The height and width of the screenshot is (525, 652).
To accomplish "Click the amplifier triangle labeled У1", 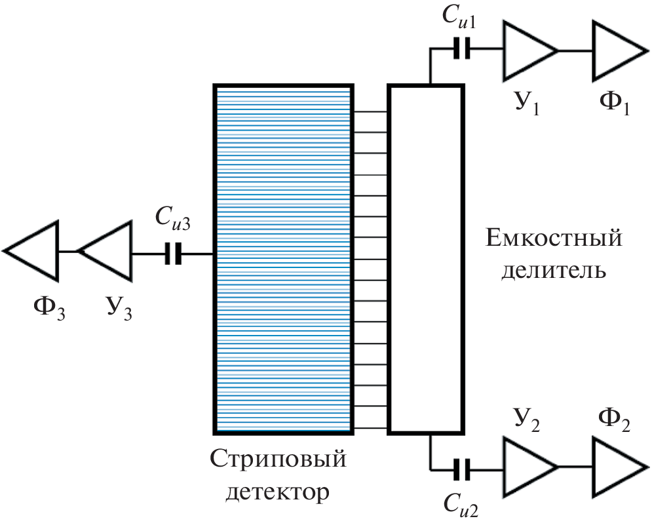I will point(526,50).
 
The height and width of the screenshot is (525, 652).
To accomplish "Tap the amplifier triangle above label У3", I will point(107,252).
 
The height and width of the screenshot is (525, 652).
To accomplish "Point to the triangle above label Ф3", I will point(35,251).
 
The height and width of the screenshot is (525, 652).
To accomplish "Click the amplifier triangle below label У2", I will point(526,467).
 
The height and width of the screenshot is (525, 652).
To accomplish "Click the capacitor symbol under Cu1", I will point(462,50).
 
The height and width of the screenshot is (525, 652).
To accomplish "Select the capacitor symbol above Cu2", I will point(463,468).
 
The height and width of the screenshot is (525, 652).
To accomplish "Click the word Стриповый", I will point(278,461).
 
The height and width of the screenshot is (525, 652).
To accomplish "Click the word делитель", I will point(553,269).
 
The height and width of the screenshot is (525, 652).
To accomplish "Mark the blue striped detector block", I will point(284,259).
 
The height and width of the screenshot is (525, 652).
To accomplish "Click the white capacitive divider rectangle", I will point(426,259).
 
